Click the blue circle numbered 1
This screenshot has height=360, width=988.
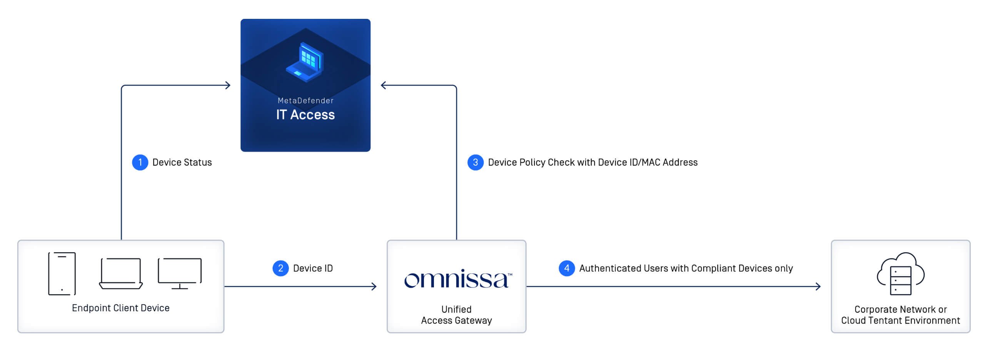pyautogui.click(x=140, y=162)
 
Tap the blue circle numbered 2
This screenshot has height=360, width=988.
pyautogui.click(x=280, y=268)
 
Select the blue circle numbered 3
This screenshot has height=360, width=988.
pyautogui.click(x=476, y=162)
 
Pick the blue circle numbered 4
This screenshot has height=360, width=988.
pyautogui.click(x=567, y=268)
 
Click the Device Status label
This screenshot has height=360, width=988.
pyautogui.click(x=182, y=162)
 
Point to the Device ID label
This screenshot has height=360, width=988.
pyautogui.click(x=313, y=268)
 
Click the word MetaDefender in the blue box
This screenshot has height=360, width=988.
pyautogui.click(x=305, y=100)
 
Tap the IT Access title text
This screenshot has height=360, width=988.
pyautogui.click(x=305, y=115)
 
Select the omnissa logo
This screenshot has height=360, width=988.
pyautogui.click(x=458, y=280)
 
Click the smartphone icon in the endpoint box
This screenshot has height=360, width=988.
pyautogui.click(x=62, y=274)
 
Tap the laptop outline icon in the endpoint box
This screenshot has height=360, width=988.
pyautogui.click(x=121, y=273)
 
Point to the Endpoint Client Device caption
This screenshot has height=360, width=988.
pyautogui.click(x=121, y=308)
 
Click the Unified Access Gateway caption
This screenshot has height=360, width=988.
pyautogui.click(x=456, y=315)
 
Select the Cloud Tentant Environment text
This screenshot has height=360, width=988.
pyautogui.click(x=900, y=321)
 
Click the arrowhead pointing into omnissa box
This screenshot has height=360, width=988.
pyautogui.click(x=374, y=287)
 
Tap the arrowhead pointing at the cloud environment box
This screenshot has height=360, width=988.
pyautogui.click(x=818, y=287)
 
